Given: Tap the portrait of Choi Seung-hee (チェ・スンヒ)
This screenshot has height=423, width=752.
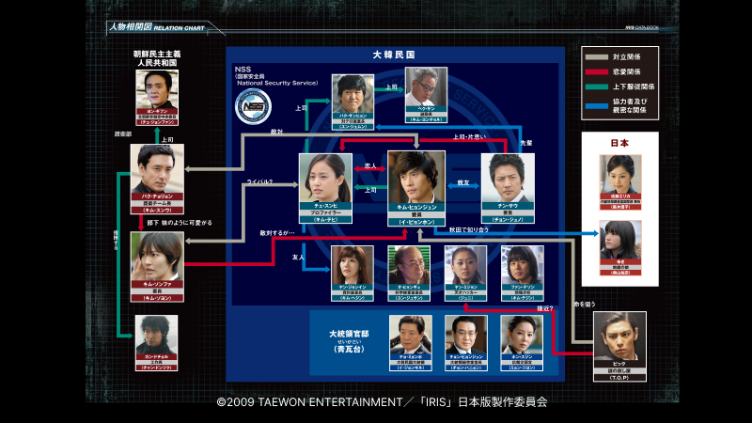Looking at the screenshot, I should [324, 177].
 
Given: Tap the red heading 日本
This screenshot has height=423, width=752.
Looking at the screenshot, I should [620, 144].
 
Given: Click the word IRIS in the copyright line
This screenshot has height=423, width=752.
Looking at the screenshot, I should [436, 401].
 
